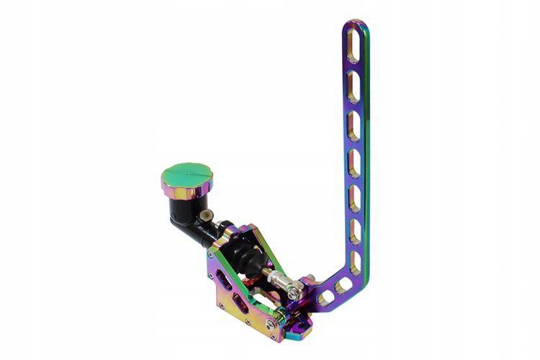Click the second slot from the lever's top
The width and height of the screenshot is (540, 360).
[353, 80]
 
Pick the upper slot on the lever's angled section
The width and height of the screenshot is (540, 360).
[343, 284]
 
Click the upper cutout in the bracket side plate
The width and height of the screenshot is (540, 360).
[224, 282]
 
